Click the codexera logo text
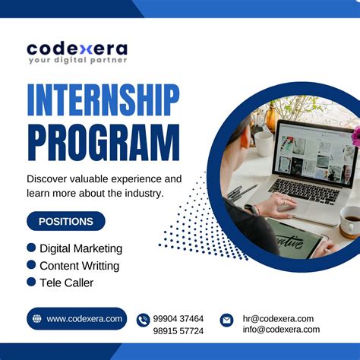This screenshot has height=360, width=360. (77, 49)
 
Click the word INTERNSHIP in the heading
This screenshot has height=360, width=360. (103, 100)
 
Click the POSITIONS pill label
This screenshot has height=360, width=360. (66, 222)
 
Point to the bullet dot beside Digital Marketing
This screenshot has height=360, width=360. (31, 248)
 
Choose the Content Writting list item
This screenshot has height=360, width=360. (79, 265)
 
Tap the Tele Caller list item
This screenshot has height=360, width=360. (66, 283)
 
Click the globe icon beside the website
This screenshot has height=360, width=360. (36, 319)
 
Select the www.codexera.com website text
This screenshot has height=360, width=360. (84, 319)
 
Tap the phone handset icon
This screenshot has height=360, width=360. (143, 320)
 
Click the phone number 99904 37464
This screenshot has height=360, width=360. (178, 319)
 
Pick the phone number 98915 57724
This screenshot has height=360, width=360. (178, 330)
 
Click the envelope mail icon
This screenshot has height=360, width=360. (226, 320)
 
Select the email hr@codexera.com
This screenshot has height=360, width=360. (278, 319)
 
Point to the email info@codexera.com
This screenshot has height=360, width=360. (281, 330)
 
